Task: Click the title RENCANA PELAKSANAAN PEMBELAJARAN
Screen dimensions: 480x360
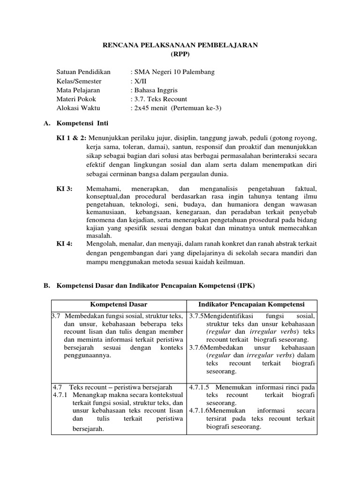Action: coord(180,45)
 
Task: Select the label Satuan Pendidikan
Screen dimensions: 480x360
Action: coord(83,72)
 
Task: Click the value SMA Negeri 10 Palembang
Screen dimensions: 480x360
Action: coord(174,72)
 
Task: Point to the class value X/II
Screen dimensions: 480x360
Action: coord(140,81)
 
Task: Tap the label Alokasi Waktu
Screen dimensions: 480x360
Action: coord(78,108)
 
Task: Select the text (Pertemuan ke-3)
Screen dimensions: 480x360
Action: coord(196,108)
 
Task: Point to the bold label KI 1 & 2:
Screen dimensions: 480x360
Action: coord(71,139)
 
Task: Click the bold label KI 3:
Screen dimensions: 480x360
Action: coord(64,188)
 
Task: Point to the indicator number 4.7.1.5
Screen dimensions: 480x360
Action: coord(199,387)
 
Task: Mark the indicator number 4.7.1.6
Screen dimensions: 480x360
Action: coord(199,411)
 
